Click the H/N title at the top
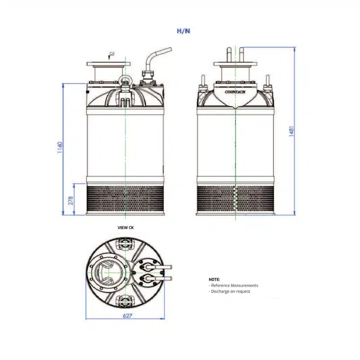pyautogui.click(x=184, y=31)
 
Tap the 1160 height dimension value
pyautogui.click(x=60, y=148)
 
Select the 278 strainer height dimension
pyautogui.click(x=71, y=200)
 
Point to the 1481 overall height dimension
pyautogui.click(x=291, y=131)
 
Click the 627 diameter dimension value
pyautogui.click(x=127, y=316)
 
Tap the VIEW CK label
pyautogui.click(x=126, y=228)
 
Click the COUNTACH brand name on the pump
pyautogui.click(x=235, y=92)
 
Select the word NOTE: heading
pyautogui.click(x=214, y=279)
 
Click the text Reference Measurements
pyautogui.click(x=234, y=285)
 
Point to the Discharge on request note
pyautogui.click(x=230, y=291)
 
